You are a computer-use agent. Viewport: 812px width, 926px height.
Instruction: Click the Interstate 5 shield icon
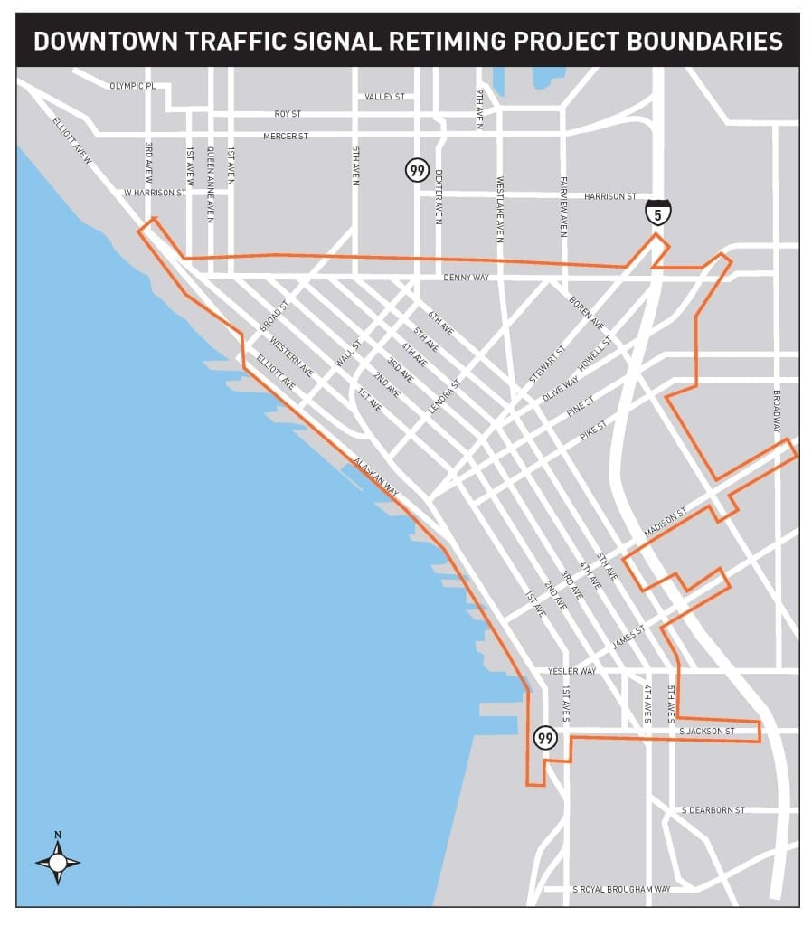point(657,213)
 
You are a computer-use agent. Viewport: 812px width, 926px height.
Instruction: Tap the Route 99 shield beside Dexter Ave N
point(417,170)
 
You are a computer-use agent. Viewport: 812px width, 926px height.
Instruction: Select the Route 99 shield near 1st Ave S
point(545,737)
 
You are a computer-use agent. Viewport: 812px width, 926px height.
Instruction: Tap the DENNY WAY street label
point(466,278)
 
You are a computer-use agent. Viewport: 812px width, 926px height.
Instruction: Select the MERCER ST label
point(286,136)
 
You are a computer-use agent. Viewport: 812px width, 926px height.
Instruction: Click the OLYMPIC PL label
point(133,86)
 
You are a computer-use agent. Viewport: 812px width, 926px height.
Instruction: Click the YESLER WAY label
point(571,671)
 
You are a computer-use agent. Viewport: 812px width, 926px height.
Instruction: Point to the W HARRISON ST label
point(155,193)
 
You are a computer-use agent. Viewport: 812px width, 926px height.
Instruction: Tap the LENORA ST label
point(444,396)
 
